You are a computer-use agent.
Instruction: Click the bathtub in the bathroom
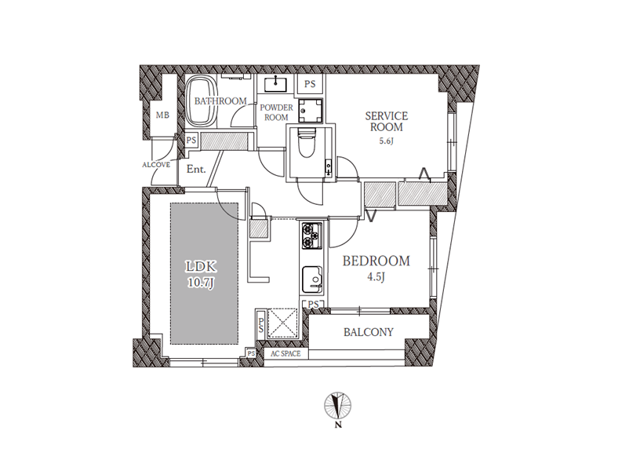tap(200, 101)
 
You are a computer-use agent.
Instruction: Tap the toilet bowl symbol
tap(307, 143)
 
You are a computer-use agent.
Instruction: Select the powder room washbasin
tap(275, 84)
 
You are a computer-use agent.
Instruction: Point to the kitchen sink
tap(312, 279)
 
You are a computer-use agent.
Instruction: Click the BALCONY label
tap(369, 332)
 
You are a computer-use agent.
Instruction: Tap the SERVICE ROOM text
tap(387, 122)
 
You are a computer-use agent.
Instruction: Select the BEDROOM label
tap(376, 261)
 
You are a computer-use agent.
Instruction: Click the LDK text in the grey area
tap(201, 266)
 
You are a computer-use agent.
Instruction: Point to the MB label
tap(162, 115)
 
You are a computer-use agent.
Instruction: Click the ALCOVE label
tap(156, 165)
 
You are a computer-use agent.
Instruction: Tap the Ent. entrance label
tap(196, 169)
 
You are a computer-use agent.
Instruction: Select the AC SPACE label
tap(285, 354)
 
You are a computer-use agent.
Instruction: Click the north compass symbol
tap(338, 405)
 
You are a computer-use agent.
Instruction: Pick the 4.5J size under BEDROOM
tap(376, 277)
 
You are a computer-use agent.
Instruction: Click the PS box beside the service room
tap(310, 84)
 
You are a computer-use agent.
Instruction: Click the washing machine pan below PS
tap(310, 110)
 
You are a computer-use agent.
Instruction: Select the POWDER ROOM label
tap(276, 112)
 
